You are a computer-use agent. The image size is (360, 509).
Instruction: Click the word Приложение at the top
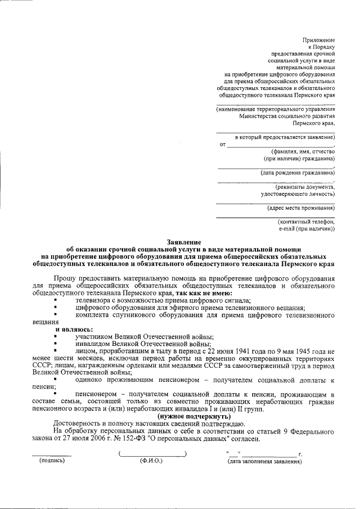(318, 40)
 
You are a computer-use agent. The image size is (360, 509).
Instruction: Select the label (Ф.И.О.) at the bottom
(151, 461)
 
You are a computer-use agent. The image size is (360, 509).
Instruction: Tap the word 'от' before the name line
(223, 145)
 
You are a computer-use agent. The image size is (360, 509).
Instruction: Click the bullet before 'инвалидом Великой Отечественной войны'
(56, 343)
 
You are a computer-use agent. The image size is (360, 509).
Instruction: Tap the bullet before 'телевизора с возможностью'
(56, 301)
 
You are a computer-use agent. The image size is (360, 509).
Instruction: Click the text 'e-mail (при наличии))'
(307, 229)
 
